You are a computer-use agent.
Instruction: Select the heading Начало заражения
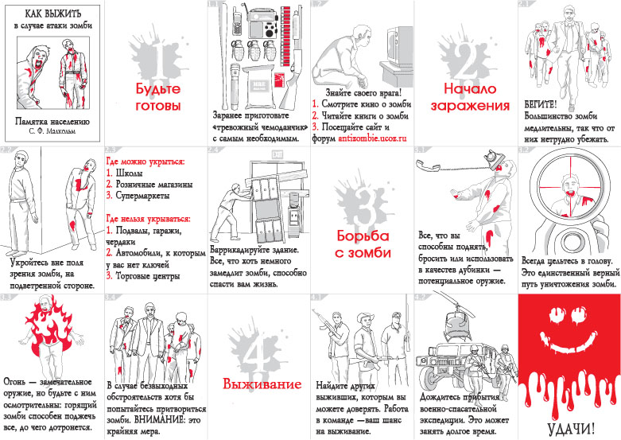coord(470,97)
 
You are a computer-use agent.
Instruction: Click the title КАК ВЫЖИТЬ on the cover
coord(52,14)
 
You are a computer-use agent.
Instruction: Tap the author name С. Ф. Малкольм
coord(52,127)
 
